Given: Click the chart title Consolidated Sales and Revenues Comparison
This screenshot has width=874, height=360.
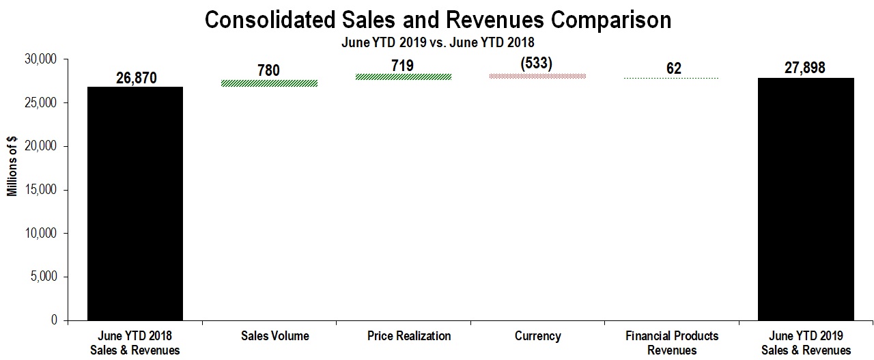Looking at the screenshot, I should pyautogui.click(x=438, y=19).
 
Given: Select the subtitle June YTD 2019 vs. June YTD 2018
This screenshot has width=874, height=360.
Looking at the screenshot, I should pyautogui.click(x=438, y=42).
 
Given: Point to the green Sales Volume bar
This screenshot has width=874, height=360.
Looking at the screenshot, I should pyautogui.click(x=279, y=83).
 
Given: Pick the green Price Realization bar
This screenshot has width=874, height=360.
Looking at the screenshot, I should pyautogui.click(x=408, y=77).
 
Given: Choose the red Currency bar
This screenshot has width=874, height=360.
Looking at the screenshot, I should pyautogui.click(x=538, y=76).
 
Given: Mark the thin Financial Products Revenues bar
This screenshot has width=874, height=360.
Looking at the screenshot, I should pyautogui.click(x=673, y=78).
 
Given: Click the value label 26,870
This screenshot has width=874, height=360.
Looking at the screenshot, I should pyautogui.click(x=136, y=78).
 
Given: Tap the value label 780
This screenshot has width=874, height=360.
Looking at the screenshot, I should pyautogui.click(x=268, y=70).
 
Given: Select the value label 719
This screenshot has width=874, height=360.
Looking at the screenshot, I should pyautogui.click(x=403, y=65).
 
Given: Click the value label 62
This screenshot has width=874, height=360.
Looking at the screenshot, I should pyautogui.click(x=672, y=68).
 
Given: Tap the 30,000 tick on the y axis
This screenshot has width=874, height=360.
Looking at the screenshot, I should pyautogui.click(x=40, y=59).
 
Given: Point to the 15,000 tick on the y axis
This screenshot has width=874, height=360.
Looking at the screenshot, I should pyautogui.click(x=40, y=190).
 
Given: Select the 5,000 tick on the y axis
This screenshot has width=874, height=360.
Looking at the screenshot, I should pyautogui.click(x=42, y=277).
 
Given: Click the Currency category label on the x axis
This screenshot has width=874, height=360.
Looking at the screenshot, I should pyautogui.click(x=538, y=336).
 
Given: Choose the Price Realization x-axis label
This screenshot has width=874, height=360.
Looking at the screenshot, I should pyautogui.click(x=409, y=336).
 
